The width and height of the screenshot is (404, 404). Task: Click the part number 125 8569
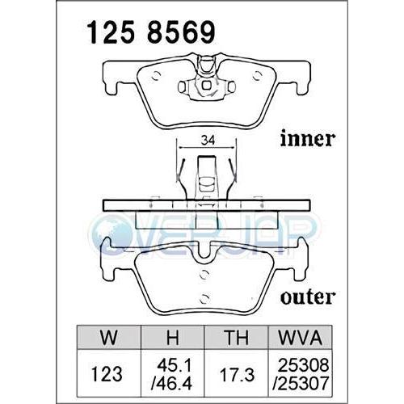[150, 33]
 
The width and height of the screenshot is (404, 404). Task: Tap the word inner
[307, 140]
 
